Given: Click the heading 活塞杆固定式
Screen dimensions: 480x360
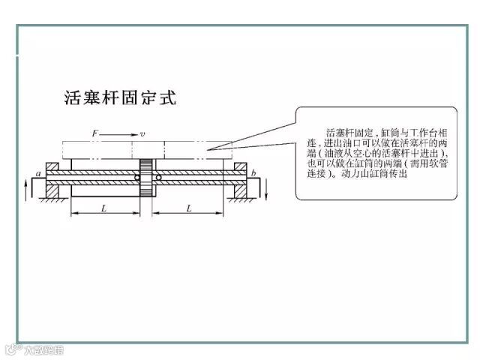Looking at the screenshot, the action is pos(118,99).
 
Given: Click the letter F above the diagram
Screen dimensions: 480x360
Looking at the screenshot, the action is pos(95,133).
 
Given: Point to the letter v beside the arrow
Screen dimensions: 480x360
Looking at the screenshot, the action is pos(142,133).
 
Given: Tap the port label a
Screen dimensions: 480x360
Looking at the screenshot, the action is pos(37,174).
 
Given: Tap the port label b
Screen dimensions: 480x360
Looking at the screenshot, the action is pos(253,174).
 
